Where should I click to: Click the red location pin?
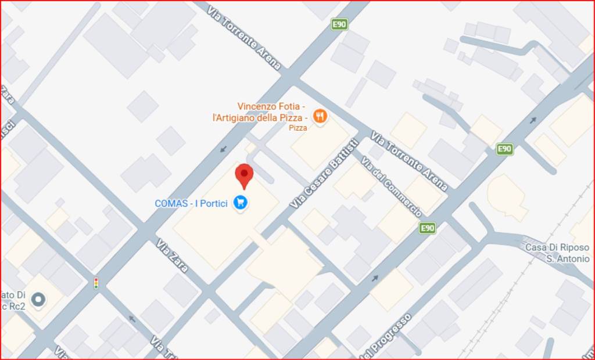pyautogui.click(x=244, y=175)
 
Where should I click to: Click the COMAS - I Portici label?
pyautogui.click(x=191, y=204)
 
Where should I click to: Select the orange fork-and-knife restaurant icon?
pyautogui.click(x=320, y=116)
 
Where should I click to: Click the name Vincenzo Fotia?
pyautogui.click(x=271, y=106)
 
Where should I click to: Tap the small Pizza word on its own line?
pyautogui.click(x=298, y=128)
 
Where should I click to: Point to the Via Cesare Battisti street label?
pyautogui.click(x=324, y=173)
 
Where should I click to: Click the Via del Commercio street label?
pyautogui.click(x=391, y=186)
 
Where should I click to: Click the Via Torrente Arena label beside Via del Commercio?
pyautogui.click(x=410, y=161)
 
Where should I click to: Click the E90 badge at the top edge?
pyautogui.click(x=339, y=24)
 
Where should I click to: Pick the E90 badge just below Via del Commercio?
pyautogui.click(x=428, y=228)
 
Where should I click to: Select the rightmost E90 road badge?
pyautogui.click(x=504, y=149)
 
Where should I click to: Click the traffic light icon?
pyautogui.click(x=96, y=283)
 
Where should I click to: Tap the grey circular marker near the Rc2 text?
pyautogui.click(x=38, y=299)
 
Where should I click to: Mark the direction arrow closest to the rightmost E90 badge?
pyautogui.click(x=532, y=121)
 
